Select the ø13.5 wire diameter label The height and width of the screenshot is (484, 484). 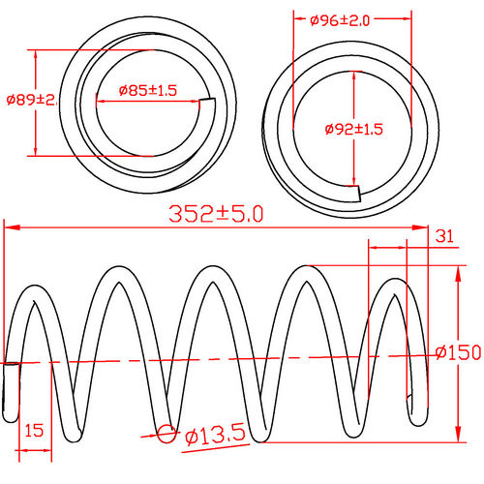tap(214, 436)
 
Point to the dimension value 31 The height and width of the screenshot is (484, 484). tap(445, 234)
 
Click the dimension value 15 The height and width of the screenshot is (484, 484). tap(33, 429)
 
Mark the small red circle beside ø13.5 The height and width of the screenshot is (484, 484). tap(166, 435)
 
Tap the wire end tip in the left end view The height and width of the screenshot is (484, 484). tap(212, 107)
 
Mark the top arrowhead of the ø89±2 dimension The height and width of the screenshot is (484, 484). tap(36, 53)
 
